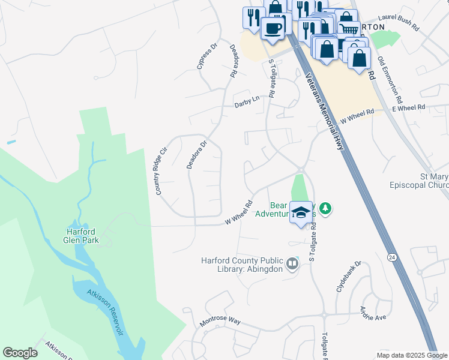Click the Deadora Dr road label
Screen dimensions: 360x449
[x=196, y=154]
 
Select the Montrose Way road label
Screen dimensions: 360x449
[x=220, y=322]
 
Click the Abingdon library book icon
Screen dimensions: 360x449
[x=292, y=264]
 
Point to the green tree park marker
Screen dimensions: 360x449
[x=325, y=209]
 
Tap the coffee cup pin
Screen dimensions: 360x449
[x=273, y=28]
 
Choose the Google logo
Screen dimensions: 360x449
[x=20, y=353]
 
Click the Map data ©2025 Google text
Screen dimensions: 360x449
[x=411, y=355]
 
